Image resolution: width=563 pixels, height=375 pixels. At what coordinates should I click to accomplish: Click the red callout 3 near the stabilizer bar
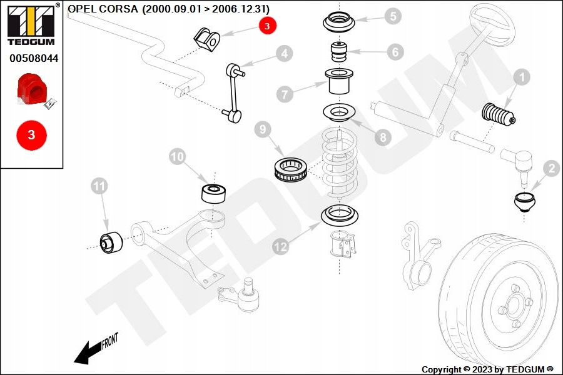click(x=267, y=26)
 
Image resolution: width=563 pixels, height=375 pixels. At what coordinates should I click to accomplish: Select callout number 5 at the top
click(x=392, y=16)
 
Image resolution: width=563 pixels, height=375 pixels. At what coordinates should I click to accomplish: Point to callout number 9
click(x=263, y=130)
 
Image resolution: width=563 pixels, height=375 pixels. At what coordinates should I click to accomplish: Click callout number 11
click(x=98, y=185)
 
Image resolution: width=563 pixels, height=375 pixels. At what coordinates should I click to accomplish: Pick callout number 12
click(x=281, y=247)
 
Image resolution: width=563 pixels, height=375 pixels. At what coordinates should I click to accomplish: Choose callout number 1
click(x=521, y=77)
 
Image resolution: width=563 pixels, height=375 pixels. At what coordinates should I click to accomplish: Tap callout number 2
click(x=551, y=167)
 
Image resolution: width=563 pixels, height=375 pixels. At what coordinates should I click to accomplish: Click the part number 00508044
click(x=33, y=58)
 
